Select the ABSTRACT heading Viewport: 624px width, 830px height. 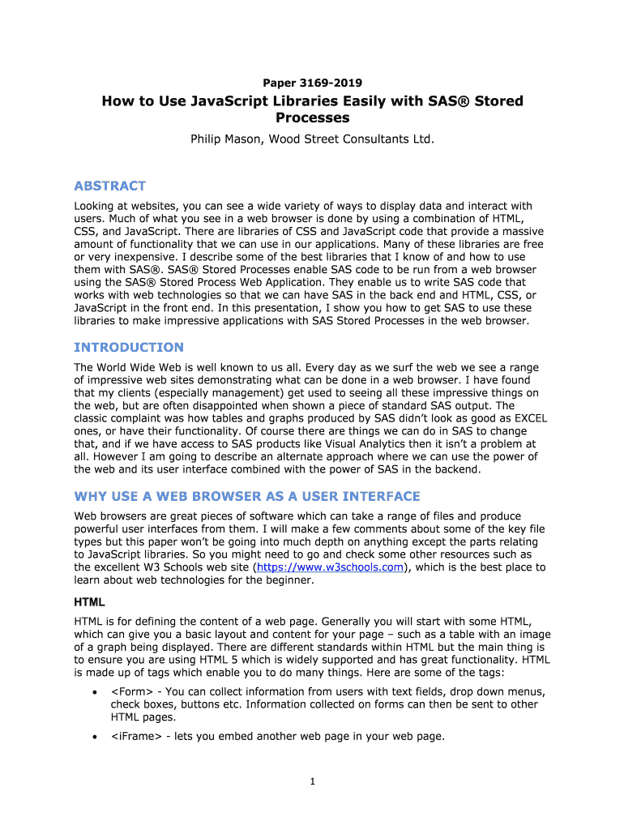point(110,186)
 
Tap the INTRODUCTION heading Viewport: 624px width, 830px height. point(129,347)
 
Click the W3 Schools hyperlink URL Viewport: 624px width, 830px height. point(329,567)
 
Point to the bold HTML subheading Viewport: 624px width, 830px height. point(89,603)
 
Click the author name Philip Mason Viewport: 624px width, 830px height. point(228,139)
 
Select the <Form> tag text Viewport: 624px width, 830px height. point(128,691)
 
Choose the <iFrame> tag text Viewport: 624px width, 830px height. point(134,736)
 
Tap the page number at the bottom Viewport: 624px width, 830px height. point(312,781)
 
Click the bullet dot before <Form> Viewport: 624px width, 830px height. point(96,692)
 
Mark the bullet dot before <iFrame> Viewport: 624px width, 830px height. point(96,737)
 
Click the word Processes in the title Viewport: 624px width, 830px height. point(312,118)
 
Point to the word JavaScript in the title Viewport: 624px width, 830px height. point(229,101)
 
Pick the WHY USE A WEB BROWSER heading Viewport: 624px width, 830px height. point(247,495)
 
